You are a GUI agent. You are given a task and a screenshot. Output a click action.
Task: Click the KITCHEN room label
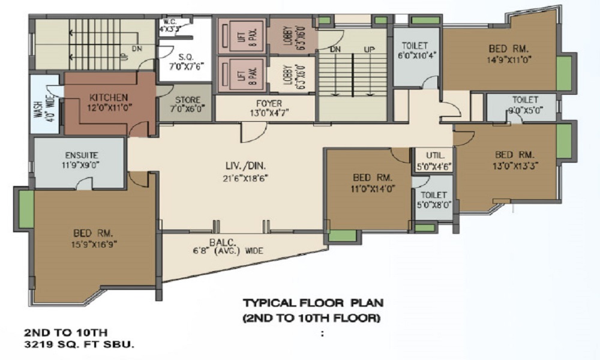point(108,97)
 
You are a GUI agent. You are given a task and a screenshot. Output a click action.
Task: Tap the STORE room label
point(187,100)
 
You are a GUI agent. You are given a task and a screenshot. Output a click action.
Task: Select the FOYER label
point(268,103)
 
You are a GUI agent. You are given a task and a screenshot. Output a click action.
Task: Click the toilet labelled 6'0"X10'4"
point(415,45)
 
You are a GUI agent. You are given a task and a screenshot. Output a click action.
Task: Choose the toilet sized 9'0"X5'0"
point(525,98)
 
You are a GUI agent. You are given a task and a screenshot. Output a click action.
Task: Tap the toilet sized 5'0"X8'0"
point(433,195)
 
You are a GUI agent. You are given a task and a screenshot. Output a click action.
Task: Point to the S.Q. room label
point(185,56)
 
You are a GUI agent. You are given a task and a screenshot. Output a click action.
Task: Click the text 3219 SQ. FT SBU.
point(79,344)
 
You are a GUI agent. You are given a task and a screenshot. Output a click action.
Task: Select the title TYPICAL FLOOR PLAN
point(313,303)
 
